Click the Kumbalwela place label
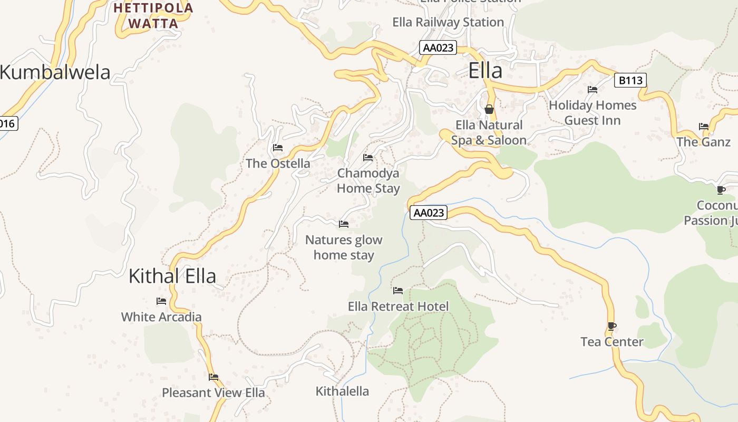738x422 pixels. (x=55, y=72)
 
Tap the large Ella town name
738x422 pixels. (x=485, y=71)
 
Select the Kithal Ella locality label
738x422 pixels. (x=172, y=276)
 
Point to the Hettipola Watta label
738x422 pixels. (x=153, y=16)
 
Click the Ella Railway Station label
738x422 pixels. (x=448, y=22)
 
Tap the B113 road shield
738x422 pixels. (x=630, y=81)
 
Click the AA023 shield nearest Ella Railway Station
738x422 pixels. (x=438, y=47)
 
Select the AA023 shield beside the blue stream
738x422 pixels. (x=429, y=213)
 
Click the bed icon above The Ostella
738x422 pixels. (x=278, y=148)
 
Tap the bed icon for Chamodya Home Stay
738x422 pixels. (x=368, y=158)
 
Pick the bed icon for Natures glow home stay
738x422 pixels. (x=344, y=224)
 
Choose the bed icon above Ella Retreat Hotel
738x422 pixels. (x=398, y=291)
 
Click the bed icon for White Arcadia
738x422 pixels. (x=161, y=301)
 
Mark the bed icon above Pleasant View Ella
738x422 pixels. (x=213, y=377)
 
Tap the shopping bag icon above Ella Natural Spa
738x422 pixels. (x=489, y=109)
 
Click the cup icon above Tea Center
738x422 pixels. (x=611, y=327)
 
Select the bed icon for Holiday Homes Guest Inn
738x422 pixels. (x=593, y=90)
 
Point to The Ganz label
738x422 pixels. (x=704, y=142)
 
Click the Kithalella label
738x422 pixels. (x=342, y=391)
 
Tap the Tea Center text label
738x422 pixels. (x=612, y=342)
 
